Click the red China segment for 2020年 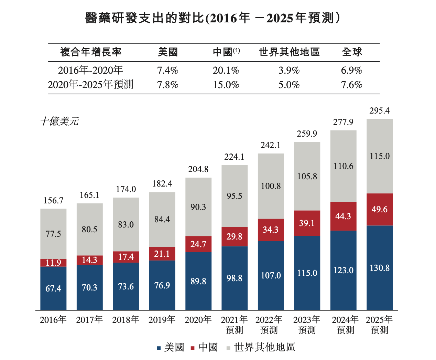(x=198, y=244)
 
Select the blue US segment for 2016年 (x=53, y=288)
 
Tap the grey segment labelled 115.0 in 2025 (x=380, y=156)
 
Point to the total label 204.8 (x=198, y=169)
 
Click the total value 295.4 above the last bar (x=380, y=110)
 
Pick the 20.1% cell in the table (x=226, y=71)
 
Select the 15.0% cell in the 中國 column (x=226, y=85)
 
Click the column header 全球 (x=352, y=52)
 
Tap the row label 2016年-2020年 (x=90, y=70)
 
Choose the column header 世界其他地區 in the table (x=289, y=52)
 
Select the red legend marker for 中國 (x=193, y=348)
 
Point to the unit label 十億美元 (x=59, y=121)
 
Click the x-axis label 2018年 (x=126, y=320)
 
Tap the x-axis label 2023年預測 (x=307, y=325)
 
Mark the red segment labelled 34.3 (x=271, y=230)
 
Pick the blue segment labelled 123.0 (x=343, y=270)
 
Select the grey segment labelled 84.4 (x=162, y=219)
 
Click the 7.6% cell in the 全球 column (x=352, y=85)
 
